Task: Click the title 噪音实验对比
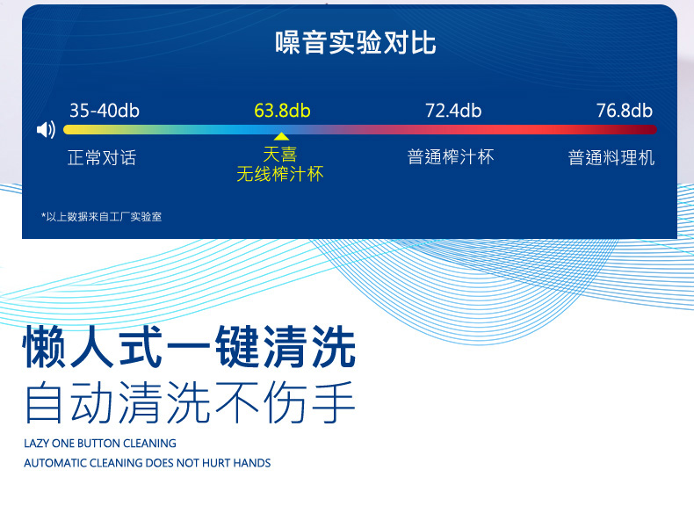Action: tap(356, 43)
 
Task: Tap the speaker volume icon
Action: tap(46, 130)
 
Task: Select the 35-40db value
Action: tap(105, 111)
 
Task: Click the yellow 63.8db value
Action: tap(282, 111)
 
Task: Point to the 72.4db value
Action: tap(453, 111)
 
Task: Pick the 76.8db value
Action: tap(625, 111)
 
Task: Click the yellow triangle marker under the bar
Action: tap(281, 136)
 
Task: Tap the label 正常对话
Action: tap(102, 157)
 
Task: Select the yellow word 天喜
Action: tap(279, 155)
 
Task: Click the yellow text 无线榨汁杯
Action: tap(280, 174)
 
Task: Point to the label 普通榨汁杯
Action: tap(451, 156)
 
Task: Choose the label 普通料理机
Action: tap(611, 157)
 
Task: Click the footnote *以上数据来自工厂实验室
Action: tap(101, 216)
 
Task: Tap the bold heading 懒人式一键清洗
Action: tap(190, 347)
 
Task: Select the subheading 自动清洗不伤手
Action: tap(191, 402)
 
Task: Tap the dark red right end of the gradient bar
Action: tap(652, 129)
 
